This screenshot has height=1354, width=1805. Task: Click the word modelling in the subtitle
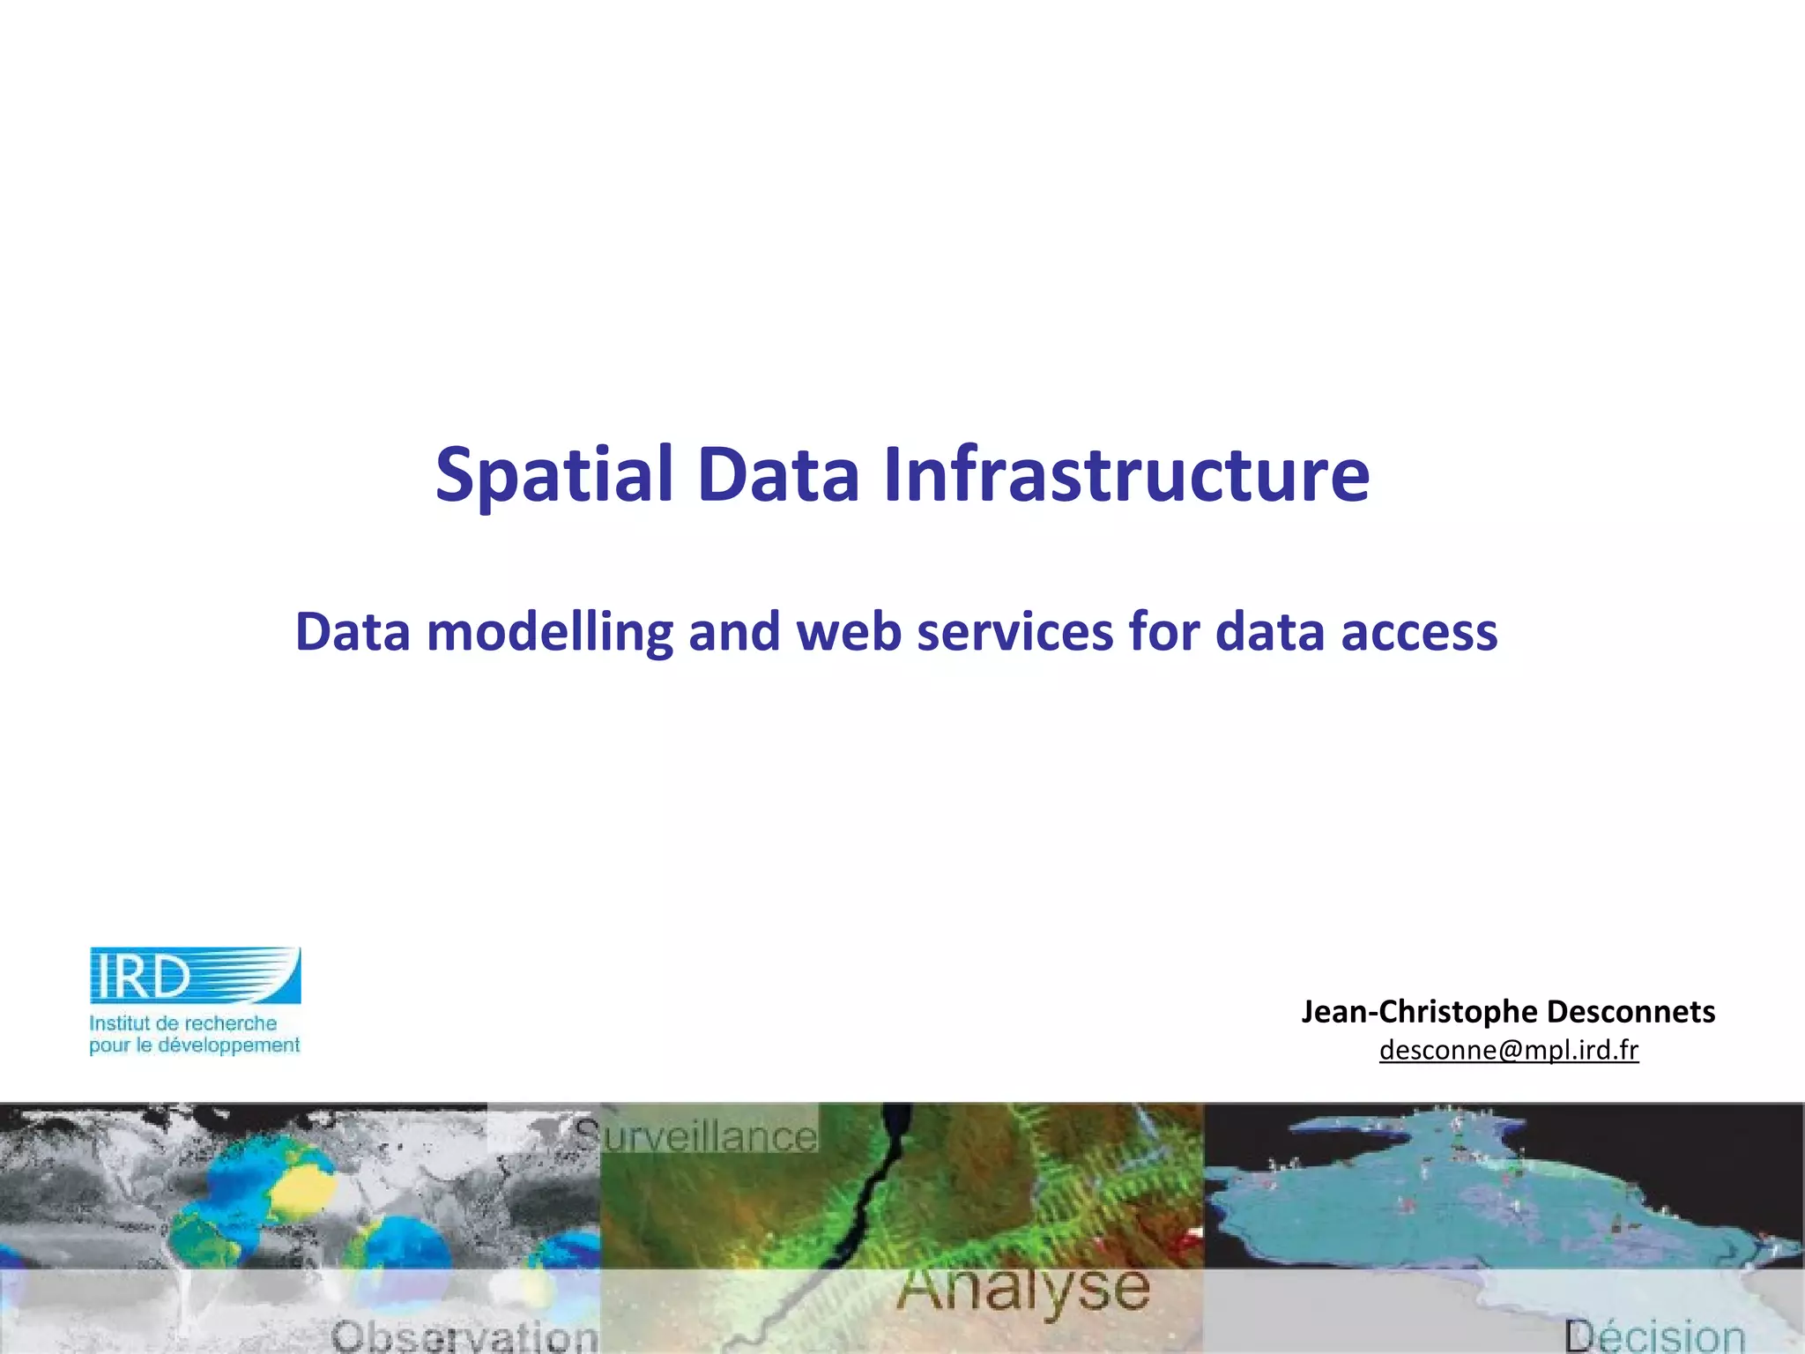click(x=549, y=633)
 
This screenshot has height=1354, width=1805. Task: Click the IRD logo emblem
click(x=195, y=975)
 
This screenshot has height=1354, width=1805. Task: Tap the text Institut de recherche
click(x=182, y=1023)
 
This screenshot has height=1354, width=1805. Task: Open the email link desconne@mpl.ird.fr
click(x=1509, y=1050)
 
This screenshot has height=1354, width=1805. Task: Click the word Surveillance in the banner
click(x=696, y=1135)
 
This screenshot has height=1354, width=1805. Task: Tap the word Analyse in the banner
click(x=1023, y=1289)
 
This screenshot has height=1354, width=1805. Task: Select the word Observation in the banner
click(x=465, y=1336)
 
